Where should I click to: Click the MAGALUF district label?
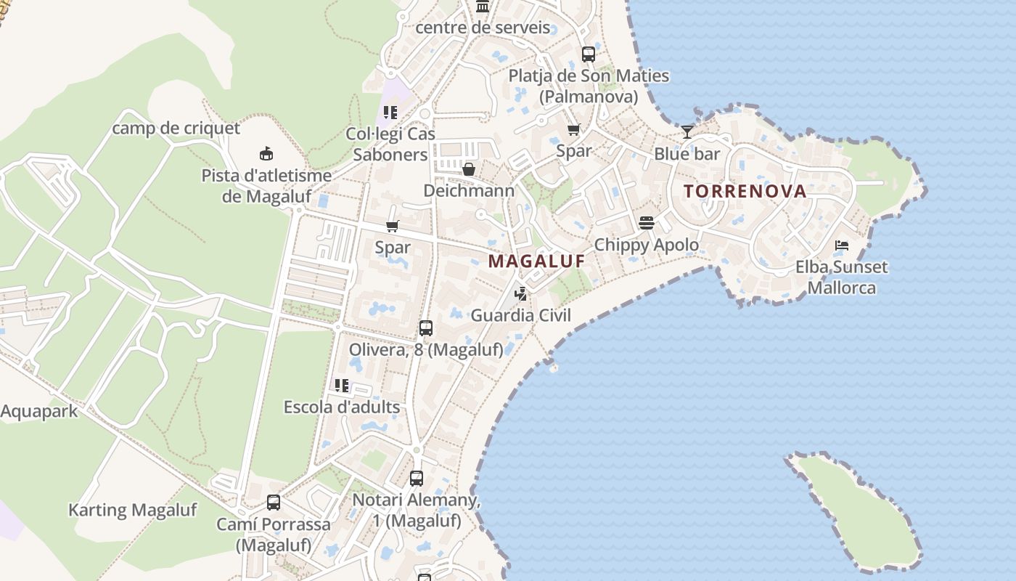[536, 261]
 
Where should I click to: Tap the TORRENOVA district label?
[745, 191]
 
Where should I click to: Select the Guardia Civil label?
[520, 315]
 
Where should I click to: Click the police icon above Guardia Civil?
[520, 294]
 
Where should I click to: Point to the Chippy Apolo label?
[646, 245]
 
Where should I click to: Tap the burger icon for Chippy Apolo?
[646, 223]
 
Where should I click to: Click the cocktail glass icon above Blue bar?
[687, 132]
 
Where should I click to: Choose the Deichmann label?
[469, 191]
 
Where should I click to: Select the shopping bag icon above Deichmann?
[469, 170]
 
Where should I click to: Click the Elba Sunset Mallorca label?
[841, 277]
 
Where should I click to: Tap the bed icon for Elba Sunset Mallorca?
[842, 245]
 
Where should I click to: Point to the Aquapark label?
[39, 412]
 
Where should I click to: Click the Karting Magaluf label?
[132, 510]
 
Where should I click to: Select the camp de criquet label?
[176, 129]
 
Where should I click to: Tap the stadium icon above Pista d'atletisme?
[266, 154]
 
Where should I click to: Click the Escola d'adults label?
[341, 407]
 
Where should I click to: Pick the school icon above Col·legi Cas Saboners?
[390, 113]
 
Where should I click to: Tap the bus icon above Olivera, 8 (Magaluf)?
[426, 328]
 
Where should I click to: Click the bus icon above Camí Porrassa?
[274, 503]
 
